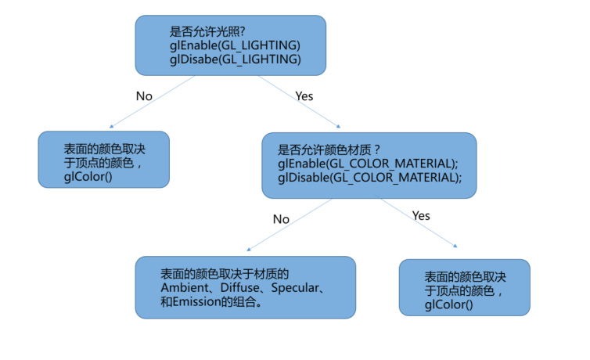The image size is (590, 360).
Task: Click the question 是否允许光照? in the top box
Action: tap(207, 31)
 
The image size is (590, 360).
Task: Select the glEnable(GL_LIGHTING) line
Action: tap(236, 45)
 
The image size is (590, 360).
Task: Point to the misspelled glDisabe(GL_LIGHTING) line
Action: tap(236, 59)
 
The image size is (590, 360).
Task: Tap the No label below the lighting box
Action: tap(144, 96)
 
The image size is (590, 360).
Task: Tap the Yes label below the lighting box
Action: tap(304, 96)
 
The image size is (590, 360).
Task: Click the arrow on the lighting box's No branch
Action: tap(152, 102)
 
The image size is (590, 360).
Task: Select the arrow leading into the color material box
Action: tap(299, 102)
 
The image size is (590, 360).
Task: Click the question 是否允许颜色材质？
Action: tap(329, 150)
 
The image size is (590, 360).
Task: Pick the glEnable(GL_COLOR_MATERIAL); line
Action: tap(368, 164)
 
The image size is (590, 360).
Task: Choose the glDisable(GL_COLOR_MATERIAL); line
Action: tap(370, 178)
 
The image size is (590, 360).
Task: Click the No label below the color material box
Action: tap(281, 219)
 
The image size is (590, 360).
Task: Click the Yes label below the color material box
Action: tap(421, 216)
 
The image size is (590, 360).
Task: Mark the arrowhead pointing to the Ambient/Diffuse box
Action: tap(248, 250)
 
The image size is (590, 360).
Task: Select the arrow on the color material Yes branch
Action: tap(419, 222)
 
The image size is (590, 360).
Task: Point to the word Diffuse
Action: tap(240, 288)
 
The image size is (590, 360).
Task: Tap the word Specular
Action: tap(295, 288)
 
